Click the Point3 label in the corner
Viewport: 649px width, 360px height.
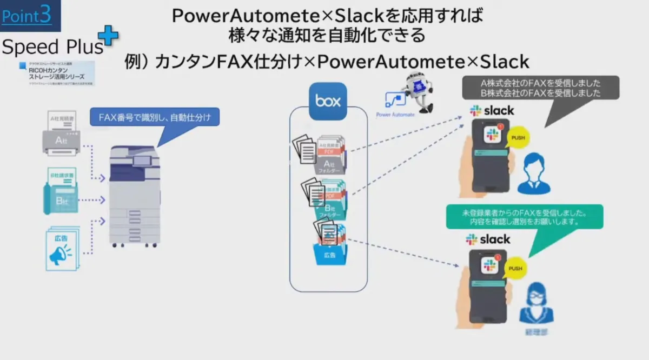point(27,16)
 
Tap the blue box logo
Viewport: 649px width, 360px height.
point(327,101)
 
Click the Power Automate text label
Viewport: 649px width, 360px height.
point(395,115)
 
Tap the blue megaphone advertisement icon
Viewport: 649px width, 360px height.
point(62,249)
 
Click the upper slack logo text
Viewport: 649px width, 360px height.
point(492,111)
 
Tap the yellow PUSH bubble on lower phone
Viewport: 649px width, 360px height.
point(515,268)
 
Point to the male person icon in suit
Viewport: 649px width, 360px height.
point(533,173)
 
